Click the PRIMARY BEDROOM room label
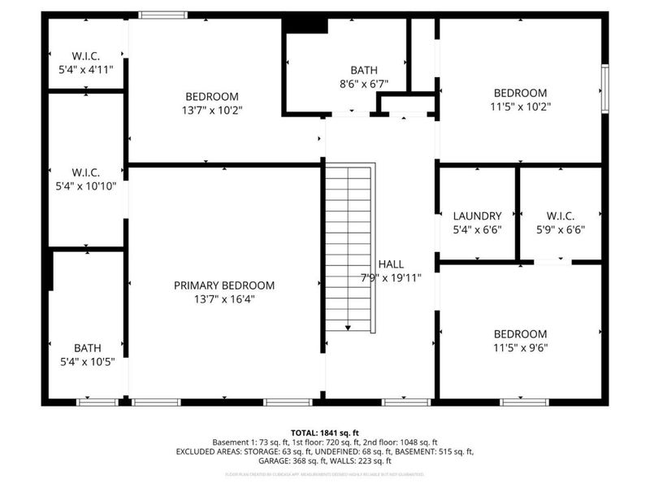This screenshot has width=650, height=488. tap(224, 285)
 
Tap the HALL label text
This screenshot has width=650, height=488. tap(391, 264)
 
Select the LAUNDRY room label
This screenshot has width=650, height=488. tap(477, 216)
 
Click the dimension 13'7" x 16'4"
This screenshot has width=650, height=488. tap(224, 298)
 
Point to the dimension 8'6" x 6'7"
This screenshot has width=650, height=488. tap(364, 84)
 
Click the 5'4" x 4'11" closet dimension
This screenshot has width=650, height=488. tap(86, 70)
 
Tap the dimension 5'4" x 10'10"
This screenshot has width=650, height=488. tap(86, 185)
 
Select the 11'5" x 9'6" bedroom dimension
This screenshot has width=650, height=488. tap(520, 347)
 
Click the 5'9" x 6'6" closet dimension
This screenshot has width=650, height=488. tap(561, 229)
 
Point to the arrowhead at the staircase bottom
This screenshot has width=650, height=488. tap(348, 328)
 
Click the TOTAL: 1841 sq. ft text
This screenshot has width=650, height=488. tap(325, 432)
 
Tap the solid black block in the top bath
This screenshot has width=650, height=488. tap(305, 24)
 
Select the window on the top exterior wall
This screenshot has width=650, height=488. tap(162, 15)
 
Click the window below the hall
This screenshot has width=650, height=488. tap(406, 402)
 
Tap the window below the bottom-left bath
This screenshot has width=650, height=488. tap(97, 402)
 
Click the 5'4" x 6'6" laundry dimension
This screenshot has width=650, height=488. tap(477, 229)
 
